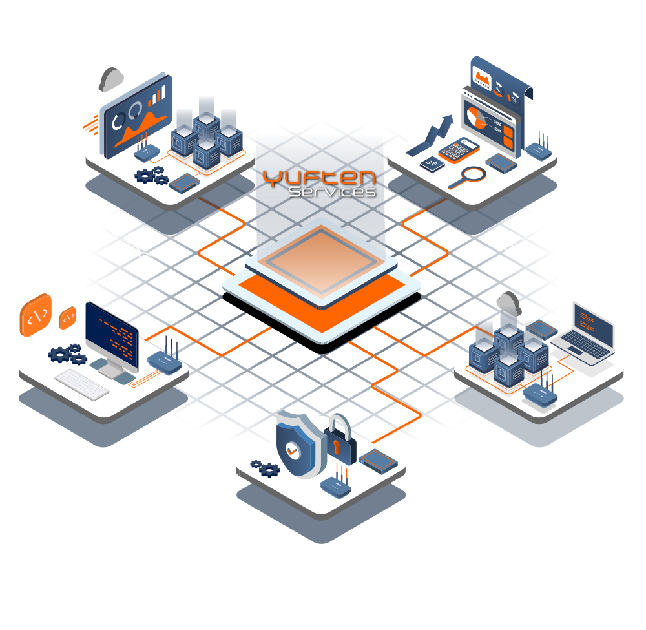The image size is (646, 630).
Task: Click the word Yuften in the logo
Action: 319,178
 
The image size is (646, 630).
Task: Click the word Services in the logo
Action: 332,192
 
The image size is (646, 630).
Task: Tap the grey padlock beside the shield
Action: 340,439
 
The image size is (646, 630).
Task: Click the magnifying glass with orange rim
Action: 468,177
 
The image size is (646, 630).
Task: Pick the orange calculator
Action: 459,150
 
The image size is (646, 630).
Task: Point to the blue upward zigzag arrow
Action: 430,135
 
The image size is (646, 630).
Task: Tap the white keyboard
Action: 82,384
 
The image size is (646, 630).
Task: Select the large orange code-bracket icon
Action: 36,315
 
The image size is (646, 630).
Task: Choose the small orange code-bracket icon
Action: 68,318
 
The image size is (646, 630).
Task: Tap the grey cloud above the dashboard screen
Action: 111,79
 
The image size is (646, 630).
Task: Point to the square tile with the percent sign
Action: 432,164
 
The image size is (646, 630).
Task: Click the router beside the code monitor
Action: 165,357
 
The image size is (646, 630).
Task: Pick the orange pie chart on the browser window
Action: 476,118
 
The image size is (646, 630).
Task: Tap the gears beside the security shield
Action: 266,468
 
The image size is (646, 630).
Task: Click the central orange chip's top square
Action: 321,262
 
